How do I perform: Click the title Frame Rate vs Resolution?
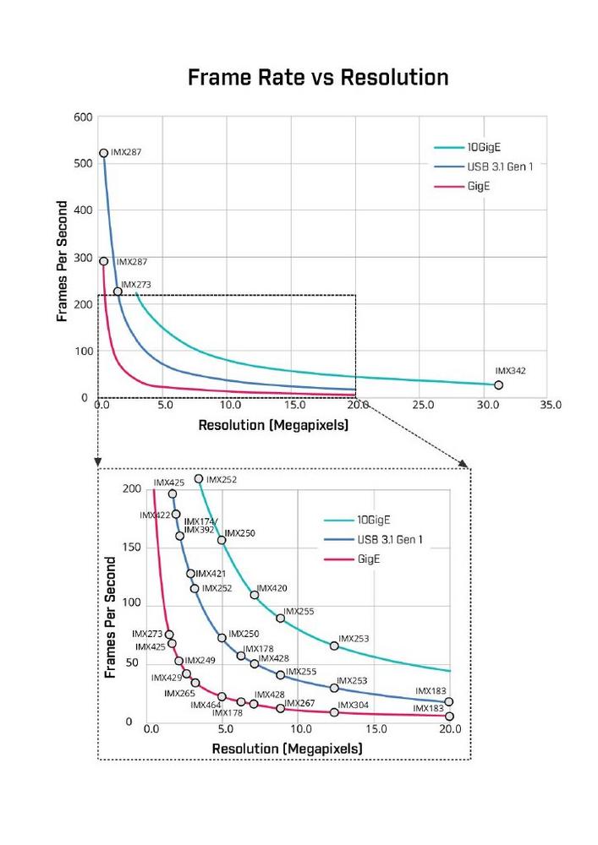click(318, 78)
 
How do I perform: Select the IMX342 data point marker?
click(498, 385)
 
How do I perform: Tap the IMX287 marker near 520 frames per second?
click(104, 153)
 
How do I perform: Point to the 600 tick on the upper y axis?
click(82, 117)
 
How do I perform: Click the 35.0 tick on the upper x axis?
click(550, 406)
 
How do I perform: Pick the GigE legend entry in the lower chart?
click(369, 559)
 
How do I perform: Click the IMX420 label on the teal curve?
click(272, 588)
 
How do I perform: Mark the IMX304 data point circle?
click(334, 712)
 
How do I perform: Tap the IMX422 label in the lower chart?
click(156, 515)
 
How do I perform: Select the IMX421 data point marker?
click(191, 574)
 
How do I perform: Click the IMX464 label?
click(206, 705)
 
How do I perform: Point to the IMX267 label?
click(299, 703)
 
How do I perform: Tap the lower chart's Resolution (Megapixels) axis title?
click(287, 749)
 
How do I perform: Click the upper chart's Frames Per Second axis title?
click(63, 260)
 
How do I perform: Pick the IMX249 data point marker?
click(178, 661)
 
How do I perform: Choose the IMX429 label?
click(167, 678)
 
